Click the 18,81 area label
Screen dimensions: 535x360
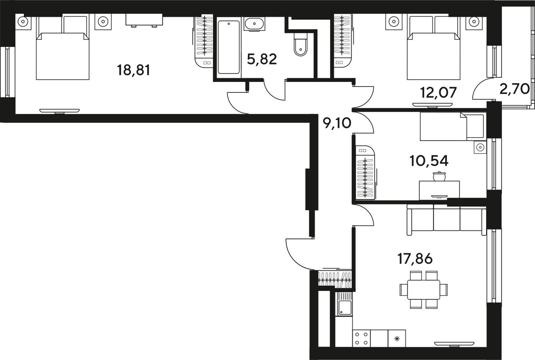pyautogui.click(x=133, y=71)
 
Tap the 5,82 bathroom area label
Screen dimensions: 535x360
pyautogui.click(x=262, y=59)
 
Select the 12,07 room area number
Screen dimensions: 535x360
pyautogui.click(x=438, y=93)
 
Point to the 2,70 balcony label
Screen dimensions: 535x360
pyautogui.click(x=515, y=89)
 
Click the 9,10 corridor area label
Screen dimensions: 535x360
pyautogui.click(x=337, y=123)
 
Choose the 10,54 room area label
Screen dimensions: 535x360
pyautogui.click(x=429, y=161)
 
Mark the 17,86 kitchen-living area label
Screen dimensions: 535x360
pyautogui.click(x=415, y=259)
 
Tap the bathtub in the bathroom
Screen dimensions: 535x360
pyautogui.click(x=229, y=47)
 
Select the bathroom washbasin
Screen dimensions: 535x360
pyautogui.click(x=255, y=24)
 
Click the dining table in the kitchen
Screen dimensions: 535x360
pyautogui.click(x=423, y=289)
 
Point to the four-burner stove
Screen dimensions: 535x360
pyautogui.click(x=362, y=339)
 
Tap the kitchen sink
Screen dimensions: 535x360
pyautogui.click(x=345, y=304)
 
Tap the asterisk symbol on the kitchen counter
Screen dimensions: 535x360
pyautogui.click(x=397, y=339)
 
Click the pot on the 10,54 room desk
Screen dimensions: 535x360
pyautogui.click(x=439, y=176)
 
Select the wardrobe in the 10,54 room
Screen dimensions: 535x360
pyautogui.click(x=365, y=173)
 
